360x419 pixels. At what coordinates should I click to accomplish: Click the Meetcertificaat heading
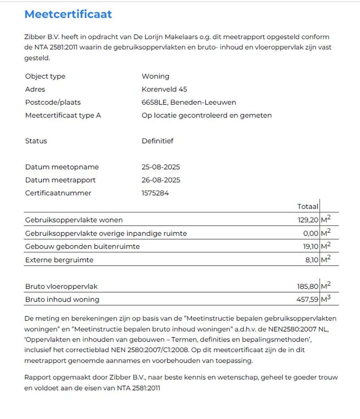pyautogui.click(x=68, y=14)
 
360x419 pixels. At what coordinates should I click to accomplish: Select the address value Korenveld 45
pyautogui.click(x=164, y=89)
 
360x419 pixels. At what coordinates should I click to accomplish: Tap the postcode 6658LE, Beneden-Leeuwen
pyautogui.click(x=188, y=102)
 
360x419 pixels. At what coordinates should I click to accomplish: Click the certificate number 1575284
pyautogui.click(x=155, y=193)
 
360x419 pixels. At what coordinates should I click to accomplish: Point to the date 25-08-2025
pyautogui.click(x=161, y=167)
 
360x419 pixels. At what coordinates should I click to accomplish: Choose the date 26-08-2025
pyautogui.click(x=161, y=180)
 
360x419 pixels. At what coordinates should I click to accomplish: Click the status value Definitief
pyautogui.click(x=157, y=141)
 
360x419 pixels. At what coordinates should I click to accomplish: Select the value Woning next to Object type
pyautogui.click(x=155, y=76)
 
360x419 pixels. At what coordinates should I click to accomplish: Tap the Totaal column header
pyautogui.click(x=307, y=206)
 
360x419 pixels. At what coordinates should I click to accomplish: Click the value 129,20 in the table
pyautogui.click(x=308, y=220)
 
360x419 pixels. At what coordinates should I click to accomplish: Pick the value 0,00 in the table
pyautogui.click(x=310, y=233)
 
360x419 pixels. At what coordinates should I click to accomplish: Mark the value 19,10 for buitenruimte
pyautogui.click(x=309, y=246)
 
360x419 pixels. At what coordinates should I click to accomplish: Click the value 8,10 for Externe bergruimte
pyautogui.click(x=311, y=260)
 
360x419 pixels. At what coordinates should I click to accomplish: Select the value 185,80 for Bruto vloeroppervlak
pyautogui.click(x=308, y=286)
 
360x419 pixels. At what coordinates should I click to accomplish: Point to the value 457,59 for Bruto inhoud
pyautogui.click(x=307, y=299)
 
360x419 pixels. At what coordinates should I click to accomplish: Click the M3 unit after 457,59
pyautogui.click(x=326, y=299)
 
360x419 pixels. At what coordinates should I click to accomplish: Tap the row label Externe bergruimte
pyautogui.click(x=59, y=260)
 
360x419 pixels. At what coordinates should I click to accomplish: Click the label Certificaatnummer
pyautogui.click(x=58, y=193)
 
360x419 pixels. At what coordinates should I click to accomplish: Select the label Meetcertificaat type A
pyautogui.click(x=63, y=115)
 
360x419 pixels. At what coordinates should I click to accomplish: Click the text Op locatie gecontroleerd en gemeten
pyautogui.click(x=206, y=115)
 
